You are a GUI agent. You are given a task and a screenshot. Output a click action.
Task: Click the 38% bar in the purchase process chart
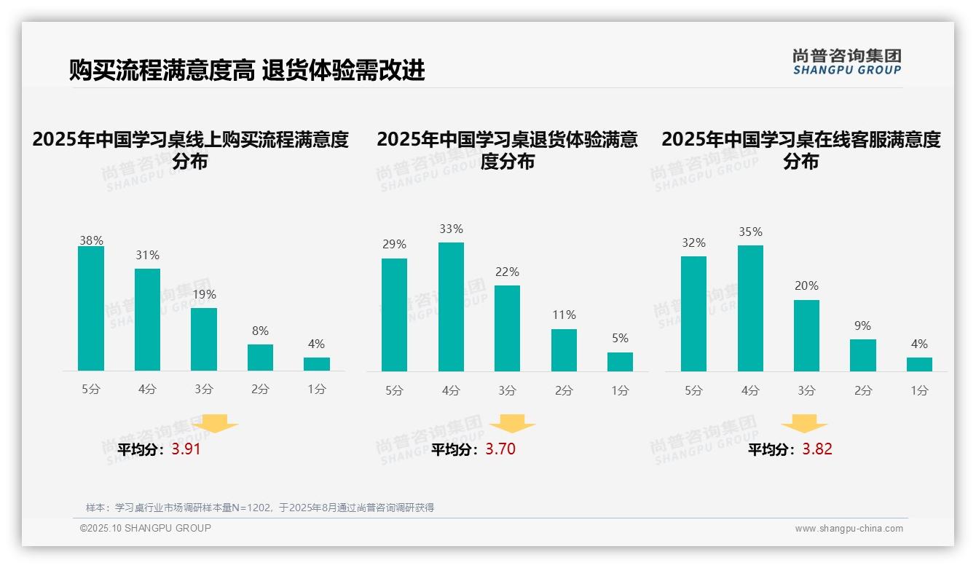91,309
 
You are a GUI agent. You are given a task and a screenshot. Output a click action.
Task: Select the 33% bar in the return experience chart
451,307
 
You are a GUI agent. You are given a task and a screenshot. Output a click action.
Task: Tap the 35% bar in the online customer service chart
750,308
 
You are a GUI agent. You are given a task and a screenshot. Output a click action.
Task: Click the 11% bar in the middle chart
564,350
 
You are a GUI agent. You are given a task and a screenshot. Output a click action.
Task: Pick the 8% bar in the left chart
260,358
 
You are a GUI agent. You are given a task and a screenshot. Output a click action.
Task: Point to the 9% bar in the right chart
862,355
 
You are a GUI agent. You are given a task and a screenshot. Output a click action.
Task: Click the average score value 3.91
186,449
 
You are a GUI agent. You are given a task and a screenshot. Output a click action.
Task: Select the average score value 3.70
500,449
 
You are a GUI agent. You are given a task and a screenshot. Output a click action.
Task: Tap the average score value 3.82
817,449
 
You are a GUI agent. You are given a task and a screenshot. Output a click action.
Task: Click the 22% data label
507,272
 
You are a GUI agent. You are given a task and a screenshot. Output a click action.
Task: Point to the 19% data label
204,295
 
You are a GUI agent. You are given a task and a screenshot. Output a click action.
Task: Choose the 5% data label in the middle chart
620,339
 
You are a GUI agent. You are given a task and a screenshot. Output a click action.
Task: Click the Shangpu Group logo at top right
846,62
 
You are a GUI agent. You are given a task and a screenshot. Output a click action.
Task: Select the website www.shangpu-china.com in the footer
849,529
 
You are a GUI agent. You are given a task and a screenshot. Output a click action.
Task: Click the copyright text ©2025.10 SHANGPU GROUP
146,528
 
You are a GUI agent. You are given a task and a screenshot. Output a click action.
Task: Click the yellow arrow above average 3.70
512,424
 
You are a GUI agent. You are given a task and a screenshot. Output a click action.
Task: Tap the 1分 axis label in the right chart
919,391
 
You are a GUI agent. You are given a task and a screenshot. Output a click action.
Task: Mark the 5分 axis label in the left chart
91,390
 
